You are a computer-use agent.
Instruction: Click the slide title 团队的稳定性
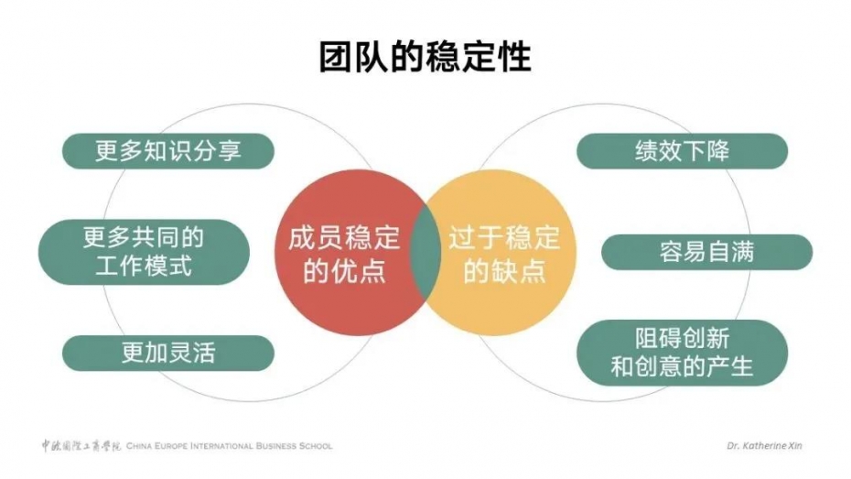(x=425, y=57)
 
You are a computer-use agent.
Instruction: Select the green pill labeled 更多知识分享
(x=168, y=151)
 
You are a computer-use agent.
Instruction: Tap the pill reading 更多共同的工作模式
(x=144, y=252)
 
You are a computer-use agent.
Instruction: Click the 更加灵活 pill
(x=168, y=353)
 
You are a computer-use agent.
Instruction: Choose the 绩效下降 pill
(x=682, y=151)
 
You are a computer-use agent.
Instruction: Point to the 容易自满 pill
(x=706, y=252)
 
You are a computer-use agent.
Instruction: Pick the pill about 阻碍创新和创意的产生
(x=682, y=353)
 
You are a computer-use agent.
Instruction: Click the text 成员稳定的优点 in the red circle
(x=344, y=254)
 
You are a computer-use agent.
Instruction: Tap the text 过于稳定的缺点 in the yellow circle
(x=503, y=254)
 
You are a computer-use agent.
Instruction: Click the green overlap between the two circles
(x=425, y=252)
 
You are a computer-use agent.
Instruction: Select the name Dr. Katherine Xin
(x=764, y=446)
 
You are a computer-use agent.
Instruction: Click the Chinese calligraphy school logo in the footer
(x=81, y=446)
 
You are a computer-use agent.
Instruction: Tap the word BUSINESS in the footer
(x=276, y=446)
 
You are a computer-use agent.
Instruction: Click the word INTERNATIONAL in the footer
(x=221, y=446)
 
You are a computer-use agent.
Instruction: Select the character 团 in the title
(x=336, y=57)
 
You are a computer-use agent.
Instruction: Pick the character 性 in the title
(x=513, y=57)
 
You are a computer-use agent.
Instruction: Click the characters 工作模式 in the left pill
(x=144, y=267)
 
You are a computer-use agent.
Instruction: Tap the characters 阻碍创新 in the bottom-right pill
(x=683, y=339)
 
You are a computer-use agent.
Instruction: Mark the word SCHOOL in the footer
(x=316, y=446)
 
